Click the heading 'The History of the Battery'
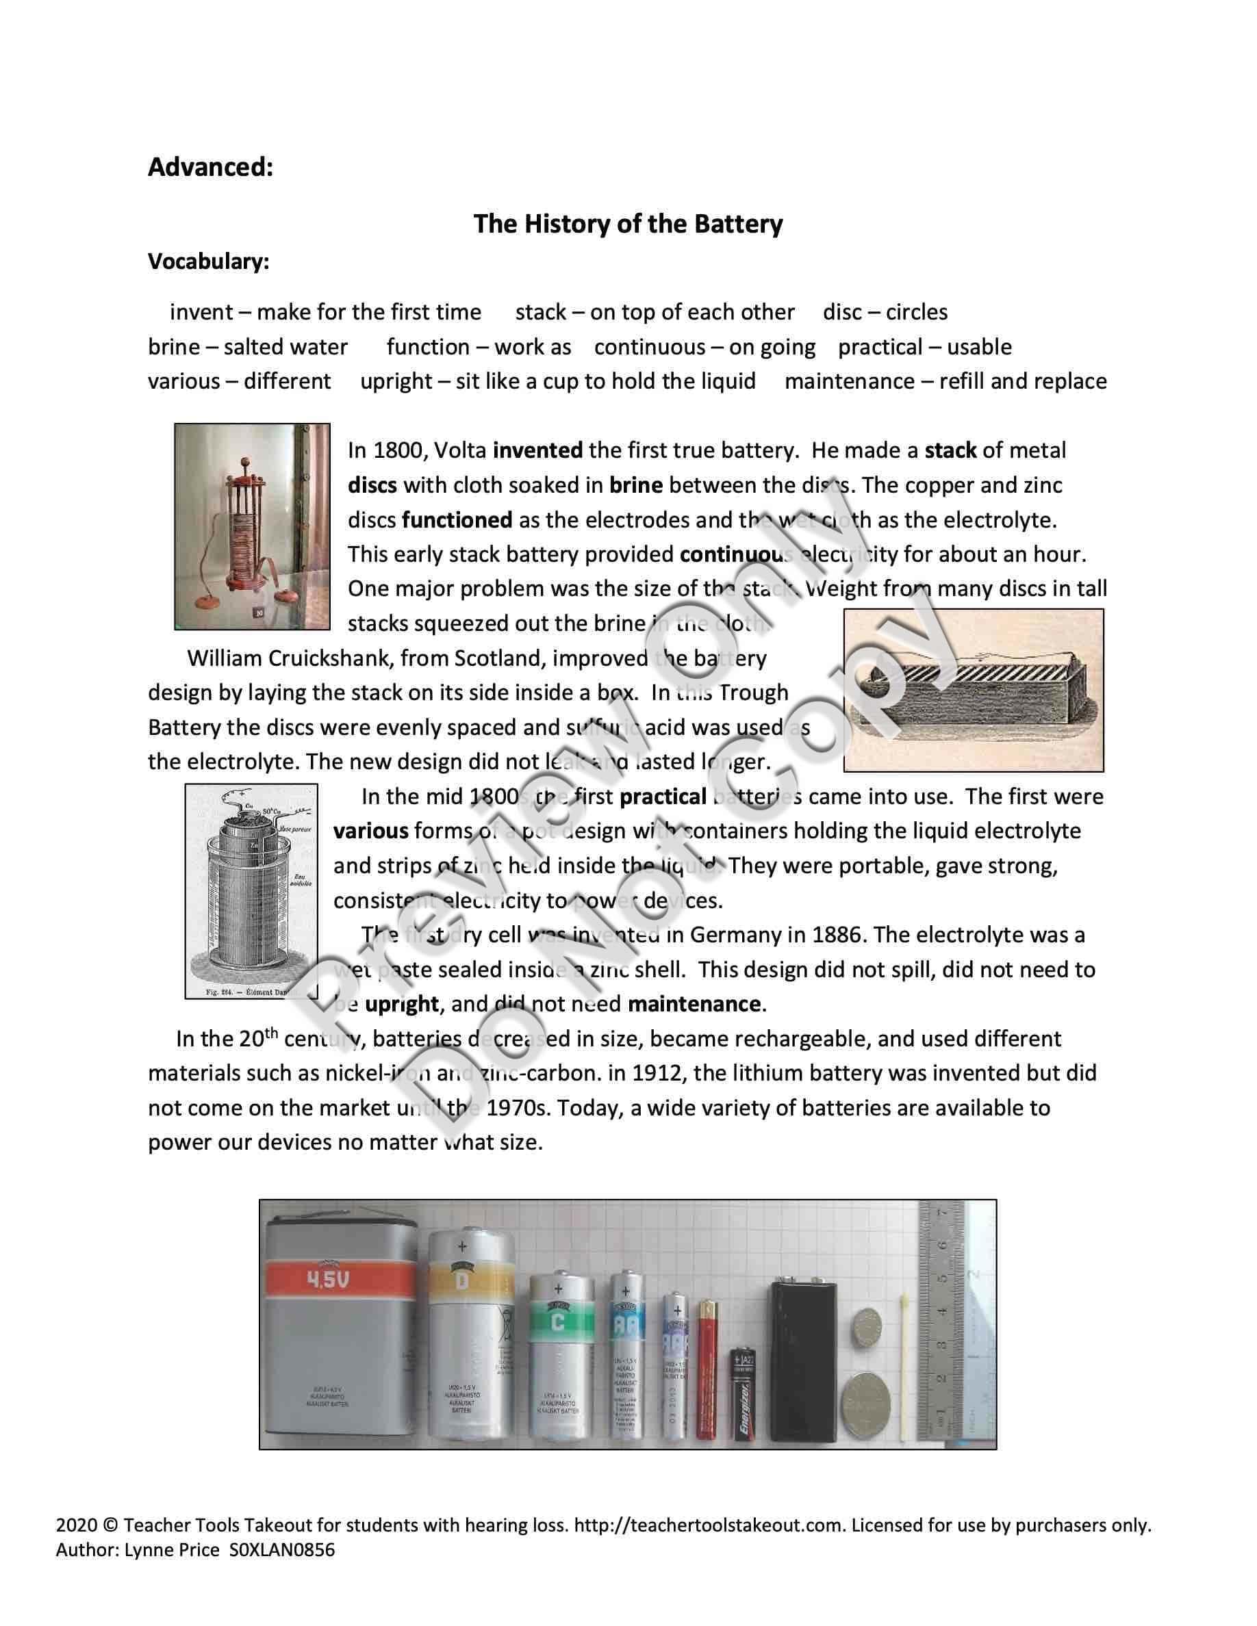[628, 224]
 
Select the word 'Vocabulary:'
[209, 262]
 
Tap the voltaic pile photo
[252, 526]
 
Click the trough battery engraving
[974, 690]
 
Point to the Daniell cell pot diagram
[251, 890]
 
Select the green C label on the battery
[557, 1322]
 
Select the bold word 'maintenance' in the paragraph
[694, 1005]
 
